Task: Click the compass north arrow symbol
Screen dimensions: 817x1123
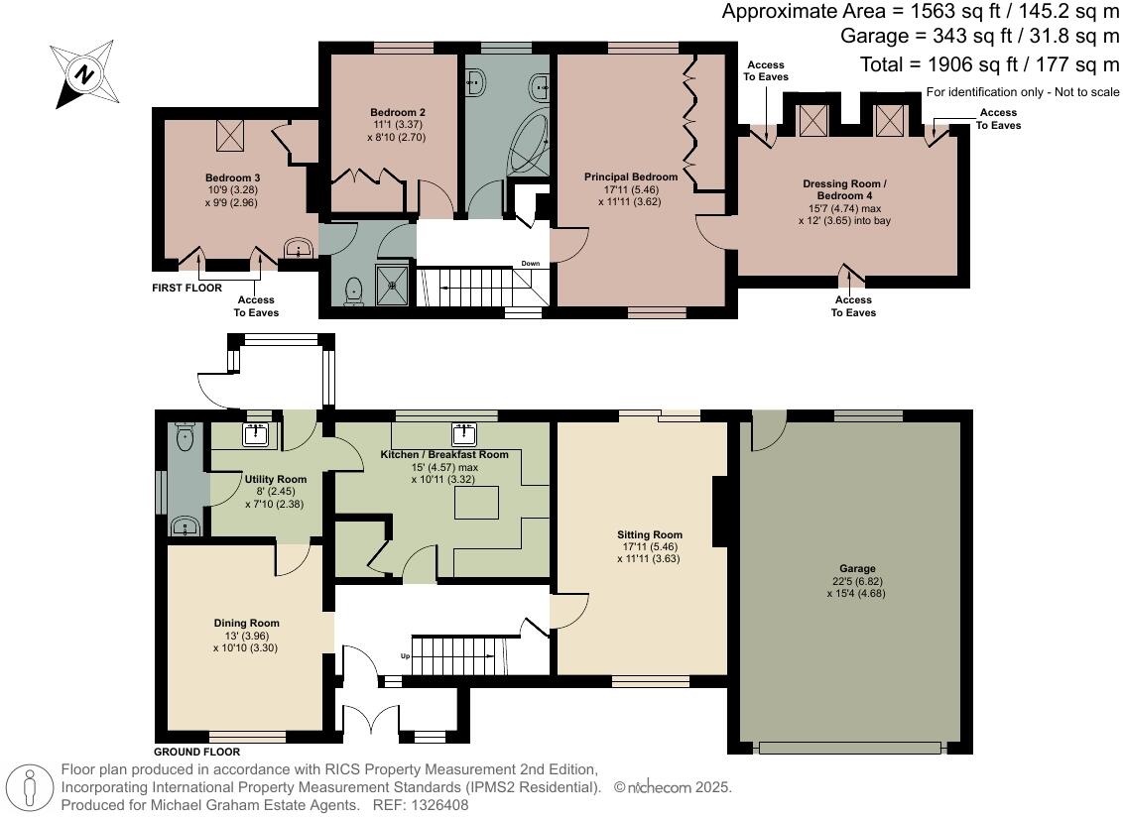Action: (x=82, y=74)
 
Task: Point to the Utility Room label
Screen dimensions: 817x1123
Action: (x=275, y=479)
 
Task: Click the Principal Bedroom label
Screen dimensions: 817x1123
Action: (x=630, y=177)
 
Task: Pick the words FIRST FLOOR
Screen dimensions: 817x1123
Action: (x=187, y=288)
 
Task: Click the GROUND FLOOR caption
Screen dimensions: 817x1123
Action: (x=197, y=752)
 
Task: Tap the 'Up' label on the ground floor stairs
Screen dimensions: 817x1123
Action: (x=404, y=656)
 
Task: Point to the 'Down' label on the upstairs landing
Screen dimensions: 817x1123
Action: (x=532, y=264)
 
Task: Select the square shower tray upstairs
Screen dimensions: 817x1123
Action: (x=395, y=285)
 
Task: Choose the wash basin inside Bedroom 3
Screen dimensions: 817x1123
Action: (x=296, y=249)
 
